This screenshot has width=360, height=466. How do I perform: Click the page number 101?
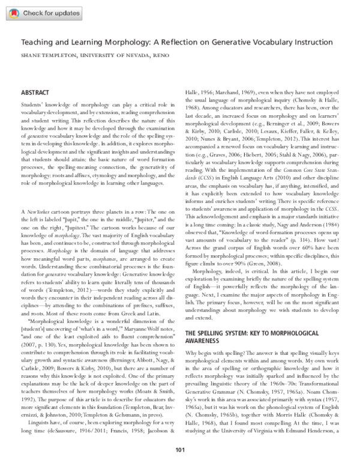(179, 450)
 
